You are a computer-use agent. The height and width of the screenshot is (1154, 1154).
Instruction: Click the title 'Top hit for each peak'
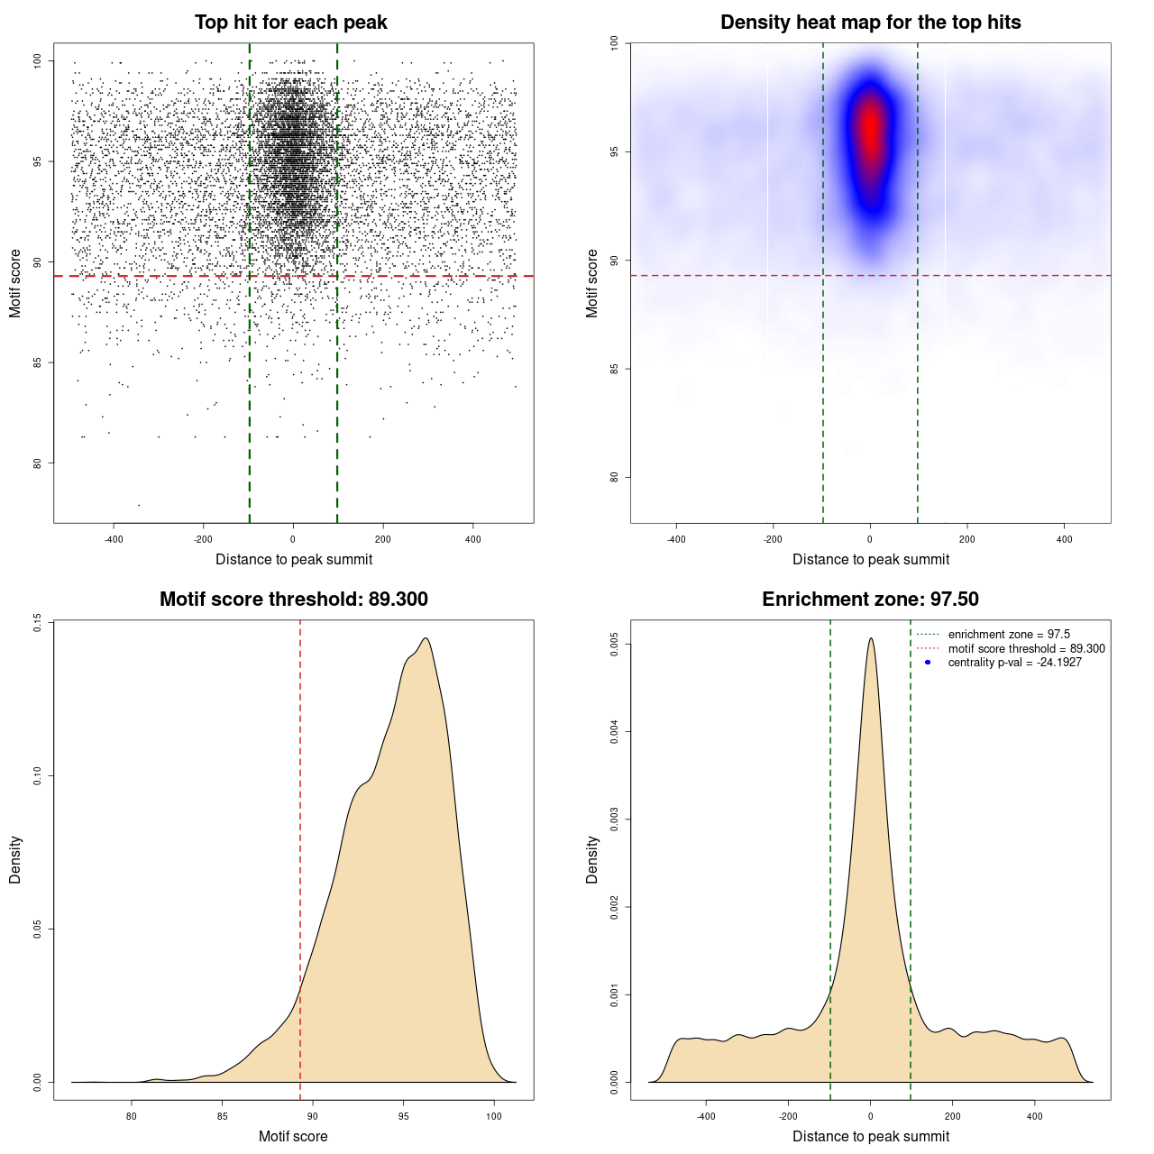pos(290,23)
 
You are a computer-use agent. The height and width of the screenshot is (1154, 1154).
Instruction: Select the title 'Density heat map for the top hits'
pos(870,23)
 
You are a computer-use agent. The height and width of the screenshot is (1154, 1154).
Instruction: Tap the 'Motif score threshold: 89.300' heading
pos(293,600)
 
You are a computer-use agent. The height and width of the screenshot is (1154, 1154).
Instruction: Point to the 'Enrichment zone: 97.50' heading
pos(870,600)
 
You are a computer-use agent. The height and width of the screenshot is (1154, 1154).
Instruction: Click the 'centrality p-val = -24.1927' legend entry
pos(1014,663)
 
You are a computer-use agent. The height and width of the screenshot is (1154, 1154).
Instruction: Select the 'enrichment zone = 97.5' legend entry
pos(1008,635)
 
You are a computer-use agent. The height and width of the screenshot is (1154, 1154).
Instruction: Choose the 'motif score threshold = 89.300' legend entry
pos(1026,649)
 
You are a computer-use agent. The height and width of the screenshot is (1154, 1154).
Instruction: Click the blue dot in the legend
pos(928,663)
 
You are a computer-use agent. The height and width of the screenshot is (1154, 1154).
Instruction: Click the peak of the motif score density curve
pos(426,638)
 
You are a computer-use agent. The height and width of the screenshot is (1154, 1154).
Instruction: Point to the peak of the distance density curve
pos(871,638)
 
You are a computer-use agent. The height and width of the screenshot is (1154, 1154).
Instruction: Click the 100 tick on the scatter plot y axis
pos(38,61)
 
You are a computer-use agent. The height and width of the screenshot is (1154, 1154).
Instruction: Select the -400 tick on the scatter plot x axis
pos(114,539)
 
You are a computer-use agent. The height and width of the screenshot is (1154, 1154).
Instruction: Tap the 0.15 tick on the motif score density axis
pos(38,622)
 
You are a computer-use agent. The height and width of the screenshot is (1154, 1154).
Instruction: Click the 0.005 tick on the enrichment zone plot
pos(615,645)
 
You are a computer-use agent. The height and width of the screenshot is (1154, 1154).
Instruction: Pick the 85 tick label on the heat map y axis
pos(615,369)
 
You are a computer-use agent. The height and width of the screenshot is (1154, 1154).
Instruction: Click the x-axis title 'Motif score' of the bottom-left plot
pos(293,1136)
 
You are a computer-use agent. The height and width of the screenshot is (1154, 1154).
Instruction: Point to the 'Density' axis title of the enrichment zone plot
pos(592,859)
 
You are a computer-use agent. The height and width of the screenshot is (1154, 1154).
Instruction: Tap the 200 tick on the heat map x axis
pos(967,539)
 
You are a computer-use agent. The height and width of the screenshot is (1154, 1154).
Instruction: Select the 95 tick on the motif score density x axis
pos(403,1116)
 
